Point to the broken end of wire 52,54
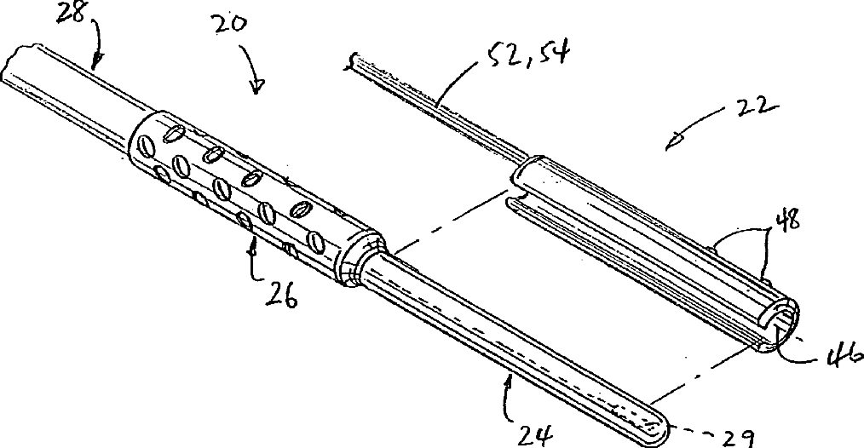(x=352, y=61)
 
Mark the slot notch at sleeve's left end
(x=515, y=204)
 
